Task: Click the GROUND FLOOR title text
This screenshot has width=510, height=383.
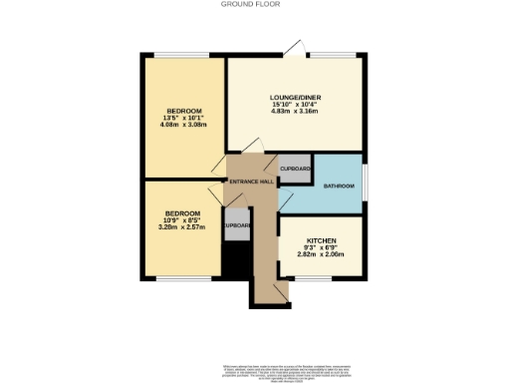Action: (251, 4)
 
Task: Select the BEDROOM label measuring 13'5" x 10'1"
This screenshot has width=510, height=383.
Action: (184, 110)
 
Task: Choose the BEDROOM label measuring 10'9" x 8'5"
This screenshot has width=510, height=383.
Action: (182, 212)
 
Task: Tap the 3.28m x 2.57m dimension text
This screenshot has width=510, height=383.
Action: (182, 226)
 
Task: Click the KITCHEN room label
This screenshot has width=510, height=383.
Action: (321, 241)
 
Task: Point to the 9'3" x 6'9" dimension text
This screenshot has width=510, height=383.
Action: (321, 248)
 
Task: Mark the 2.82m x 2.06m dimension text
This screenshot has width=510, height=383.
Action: (321, 255)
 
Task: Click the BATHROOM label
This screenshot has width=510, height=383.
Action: (341, 187)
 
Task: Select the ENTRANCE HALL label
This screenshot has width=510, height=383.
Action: (251, 183)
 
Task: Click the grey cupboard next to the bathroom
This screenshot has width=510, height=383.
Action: (296, 169)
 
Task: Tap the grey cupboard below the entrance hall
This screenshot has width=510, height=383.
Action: (235, 225)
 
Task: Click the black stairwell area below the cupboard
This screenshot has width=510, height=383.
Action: (233, 261)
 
